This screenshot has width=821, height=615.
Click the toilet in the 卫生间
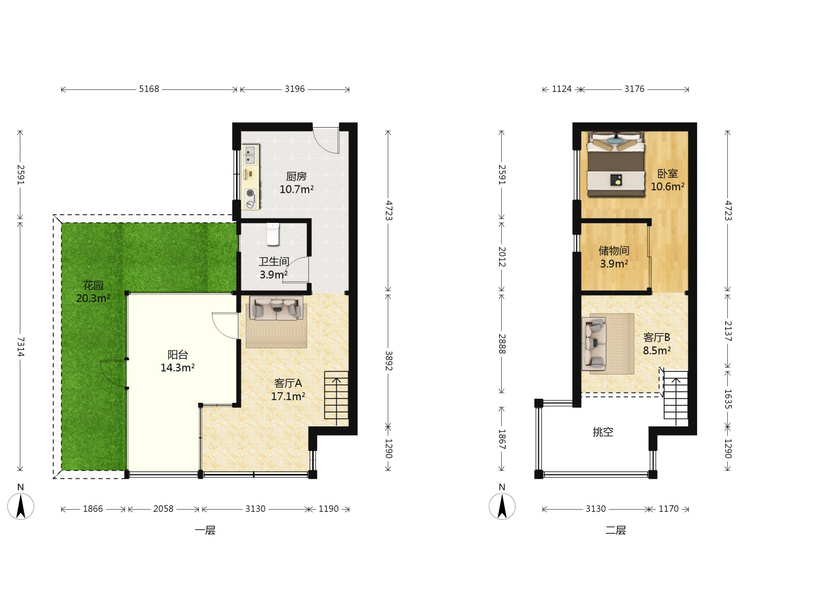coord(273,234)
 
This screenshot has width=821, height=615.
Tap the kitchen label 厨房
coord(296,176)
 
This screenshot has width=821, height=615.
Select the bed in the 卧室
coord(616,164)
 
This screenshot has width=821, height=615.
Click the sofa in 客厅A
coord(276,308)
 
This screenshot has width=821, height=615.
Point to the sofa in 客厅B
coord(594,344)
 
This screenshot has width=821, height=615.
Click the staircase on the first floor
coord(336,398)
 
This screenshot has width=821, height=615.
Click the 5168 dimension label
coord(149,89)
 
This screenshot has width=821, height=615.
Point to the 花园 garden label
coord(93,285)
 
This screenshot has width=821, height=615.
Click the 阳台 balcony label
coord(178,354)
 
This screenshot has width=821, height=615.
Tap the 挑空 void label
coord(603,432)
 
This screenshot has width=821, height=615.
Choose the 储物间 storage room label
coord(614,251)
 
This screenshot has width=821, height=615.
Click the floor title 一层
coord(205,530)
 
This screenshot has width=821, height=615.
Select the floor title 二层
coord(616,530)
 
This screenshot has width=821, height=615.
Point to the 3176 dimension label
coord(634,89)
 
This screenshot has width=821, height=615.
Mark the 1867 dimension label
coord(502,439)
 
